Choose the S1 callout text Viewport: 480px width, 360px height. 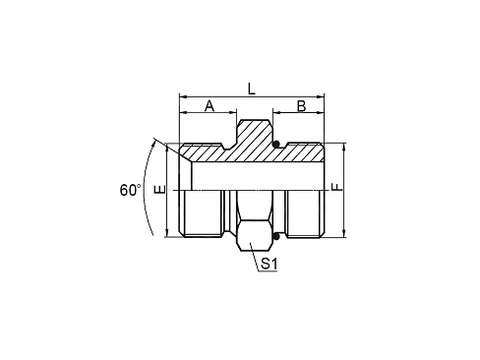point(269,265)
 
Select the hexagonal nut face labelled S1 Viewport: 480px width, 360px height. point(254,236)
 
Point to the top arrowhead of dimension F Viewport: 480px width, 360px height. point(344,146)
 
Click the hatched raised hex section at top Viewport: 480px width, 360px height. point(254,138)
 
